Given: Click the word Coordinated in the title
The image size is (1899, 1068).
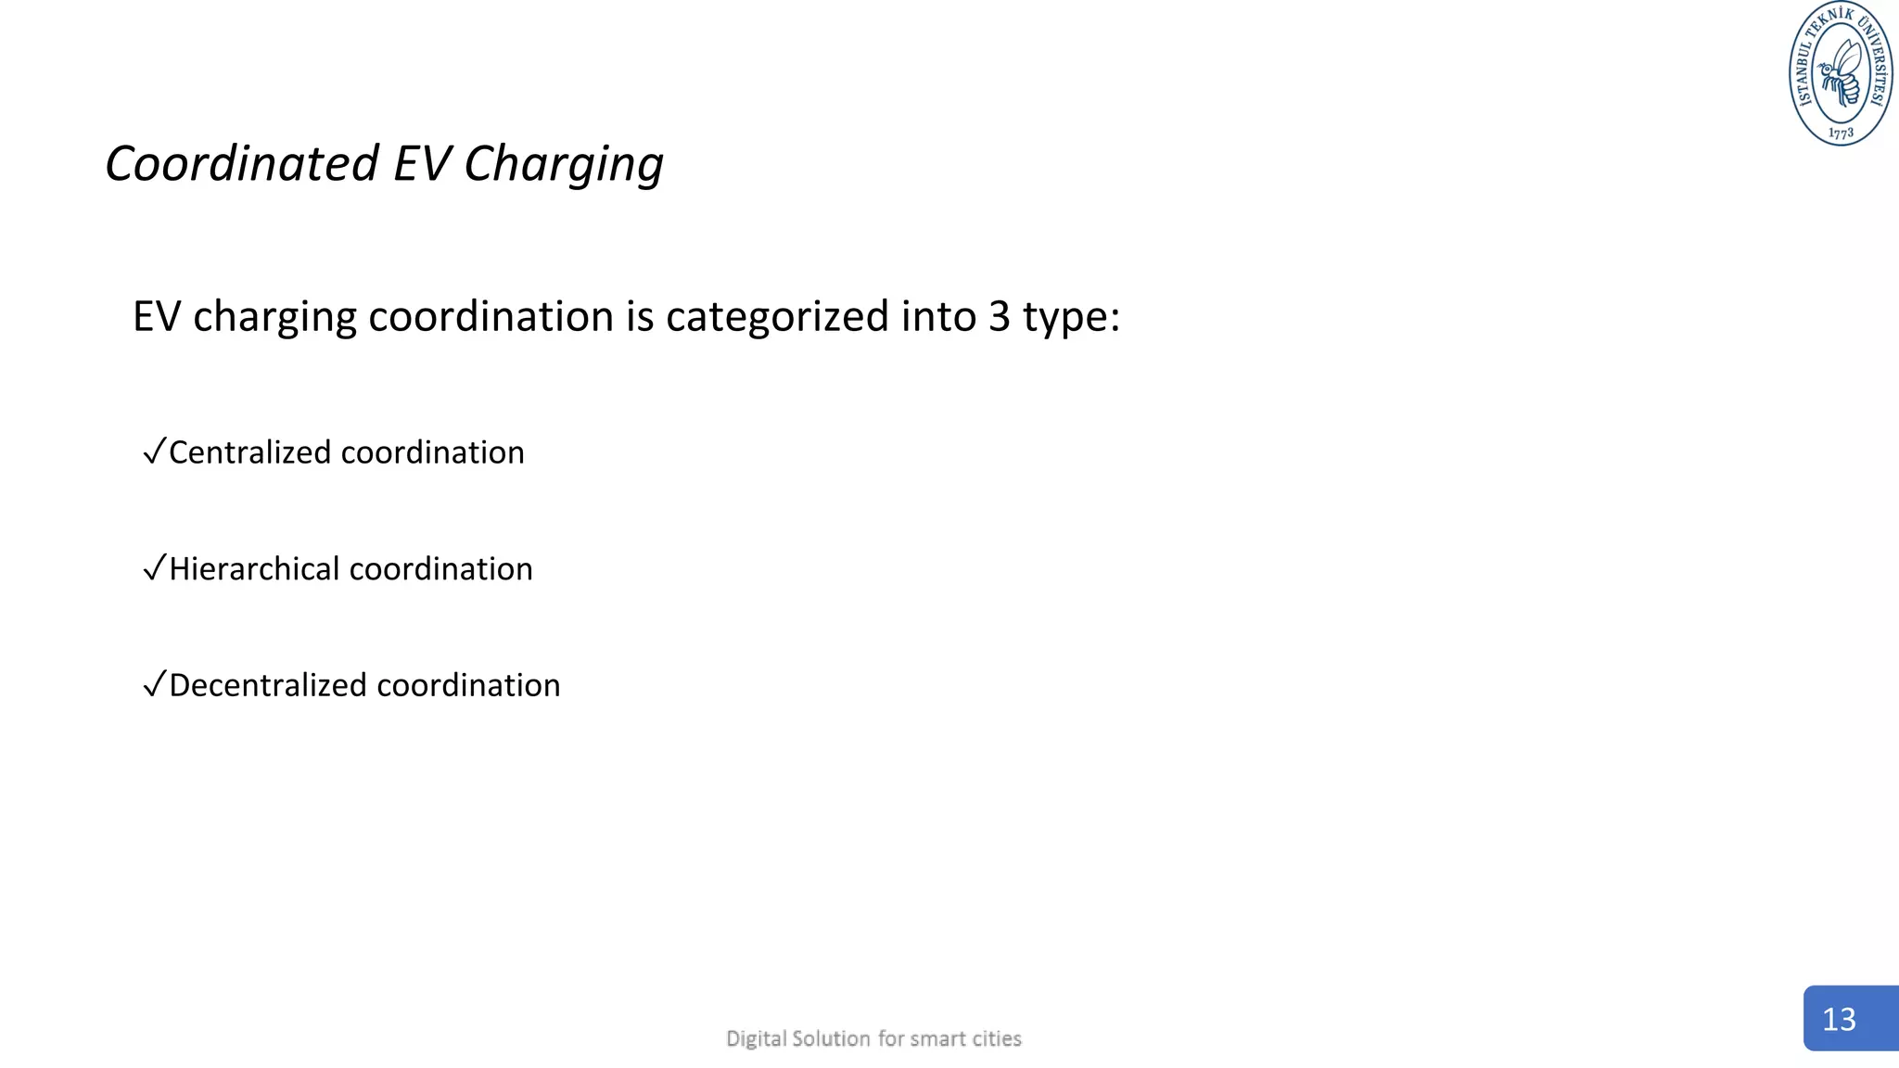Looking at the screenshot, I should click(x=242, y=164).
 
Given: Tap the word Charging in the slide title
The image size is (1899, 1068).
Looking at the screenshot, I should click(x=563, y=165).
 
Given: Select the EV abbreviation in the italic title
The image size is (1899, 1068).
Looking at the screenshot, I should click(x=422, y=164).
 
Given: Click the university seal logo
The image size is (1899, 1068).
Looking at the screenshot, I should click(x=1840, y=73).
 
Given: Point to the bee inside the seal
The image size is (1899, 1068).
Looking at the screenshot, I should click(x=1840, y=72).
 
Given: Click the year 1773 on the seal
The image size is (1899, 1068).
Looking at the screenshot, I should click(x=1842, y=133).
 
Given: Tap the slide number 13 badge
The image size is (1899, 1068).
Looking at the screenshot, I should click(x=1849, y=1018).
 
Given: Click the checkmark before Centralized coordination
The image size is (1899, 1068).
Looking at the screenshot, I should click(x=154, y=451).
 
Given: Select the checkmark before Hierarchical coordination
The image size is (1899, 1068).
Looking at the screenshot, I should click(x=154, y=567).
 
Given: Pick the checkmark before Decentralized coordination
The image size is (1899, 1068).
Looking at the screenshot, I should click(x=154, y=684).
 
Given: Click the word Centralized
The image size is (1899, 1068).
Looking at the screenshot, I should click(x=249, y=452).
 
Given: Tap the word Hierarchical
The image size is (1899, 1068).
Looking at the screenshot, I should click(x=253, y=568).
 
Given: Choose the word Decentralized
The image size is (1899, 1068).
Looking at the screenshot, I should click(x=268, y=685).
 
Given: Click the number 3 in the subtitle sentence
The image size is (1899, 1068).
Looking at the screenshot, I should click(x=999, y=317).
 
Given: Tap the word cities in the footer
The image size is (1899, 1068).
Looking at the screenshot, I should click(x=997, y=1038).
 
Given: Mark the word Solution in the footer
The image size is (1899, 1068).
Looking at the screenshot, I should click(x=831, y=1038).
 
